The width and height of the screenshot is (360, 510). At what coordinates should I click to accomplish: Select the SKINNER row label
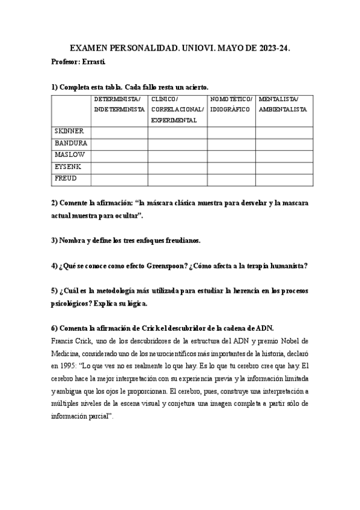tap(69, 131)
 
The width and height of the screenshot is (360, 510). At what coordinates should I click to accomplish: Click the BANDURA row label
tap(71, 143)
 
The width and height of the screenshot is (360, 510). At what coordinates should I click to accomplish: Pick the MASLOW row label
tap(69, 155)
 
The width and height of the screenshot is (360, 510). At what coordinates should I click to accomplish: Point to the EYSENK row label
tap(68, 167)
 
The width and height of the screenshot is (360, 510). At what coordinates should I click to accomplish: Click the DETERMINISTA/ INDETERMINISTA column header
tap(119, 104)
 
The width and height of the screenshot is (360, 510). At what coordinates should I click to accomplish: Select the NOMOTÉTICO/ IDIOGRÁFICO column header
tap(231, 104)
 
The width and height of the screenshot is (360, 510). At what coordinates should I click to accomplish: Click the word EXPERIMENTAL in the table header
tap(174, 120)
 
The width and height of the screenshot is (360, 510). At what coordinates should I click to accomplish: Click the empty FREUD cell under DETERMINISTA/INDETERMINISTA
tap(119, 179)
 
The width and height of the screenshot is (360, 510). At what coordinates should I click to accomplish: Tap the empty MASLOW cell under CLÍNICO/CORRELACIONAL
tap(177, 155)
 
